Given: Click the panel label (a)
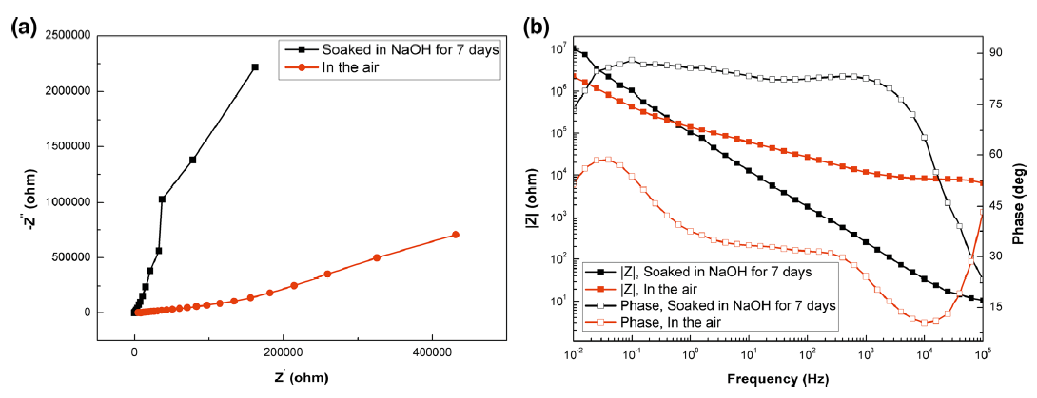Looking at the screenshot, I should [x=23, y=28].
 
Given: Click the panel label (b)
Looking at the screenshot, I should [x=538, y=28].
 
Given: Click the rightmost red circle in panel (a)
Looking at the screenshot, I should [x=455, y=235].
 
